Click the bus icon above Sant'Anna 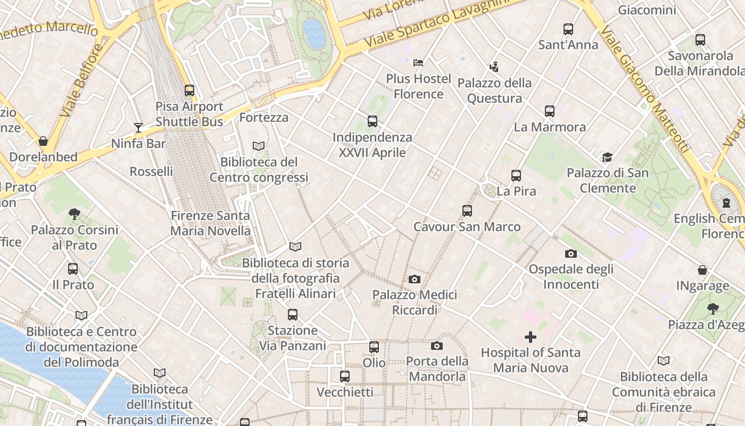[x=568, y=29]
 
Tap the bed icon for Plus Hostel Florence [x=418, y=63]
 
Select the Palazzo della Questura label [x=494, y=91]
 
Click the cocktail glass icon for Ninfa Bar [x=138, y=128]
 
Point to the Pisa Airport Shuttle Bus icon [x=189, y=91]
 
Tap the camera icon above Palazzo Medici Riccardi [x=414, y=279]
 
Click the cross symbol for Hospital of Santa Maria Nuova [x=530, y=337]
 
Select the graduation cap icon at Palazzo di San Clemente [x=607, y=157]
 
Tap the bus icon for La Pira [x=516, y=175]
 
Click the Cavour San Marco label [x=467, y=227]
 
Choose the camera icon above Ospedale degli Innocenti [x=570, y=253]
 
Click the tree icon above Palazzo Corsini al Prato [x=74, y=214]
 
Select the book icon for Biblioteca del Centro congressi [x=259, y=146]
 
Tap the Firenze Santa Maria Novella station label [x=210, y=223]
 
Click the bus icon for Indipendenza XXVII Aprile [x=372, y=121]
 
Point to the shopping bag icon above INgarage [x=702, y=270]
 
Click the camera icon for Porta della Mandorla [x=436, y=346]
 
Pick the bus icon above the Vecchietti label [x=345, y=376]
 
